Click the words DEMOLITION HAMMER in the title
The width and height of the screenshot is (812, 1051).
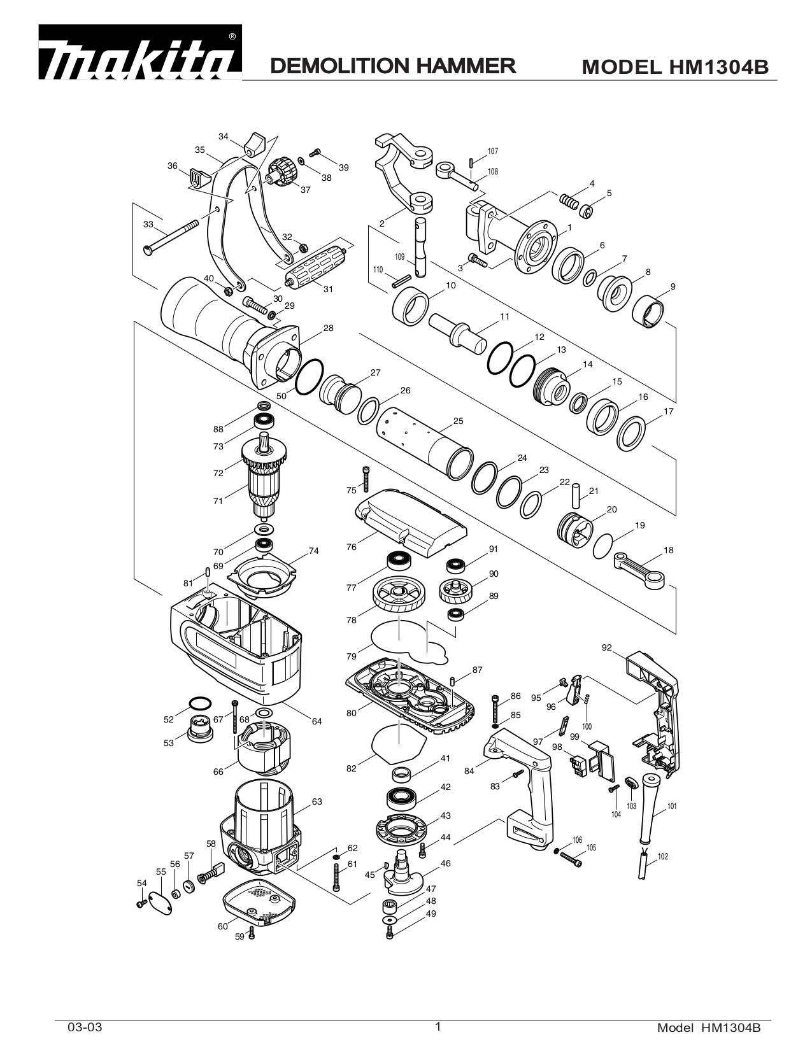point(392,66)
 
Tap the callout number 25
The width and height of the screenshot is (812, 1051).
point(458,421)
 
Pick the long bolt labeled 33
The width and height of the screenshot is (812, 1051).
point(172,235)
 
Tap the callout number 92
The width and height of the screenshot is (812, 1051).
point(606,648)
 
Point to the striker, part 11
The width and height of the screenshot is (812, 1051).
point(456,331)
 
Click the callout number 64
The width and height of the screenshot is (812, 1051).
point(317,721)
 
